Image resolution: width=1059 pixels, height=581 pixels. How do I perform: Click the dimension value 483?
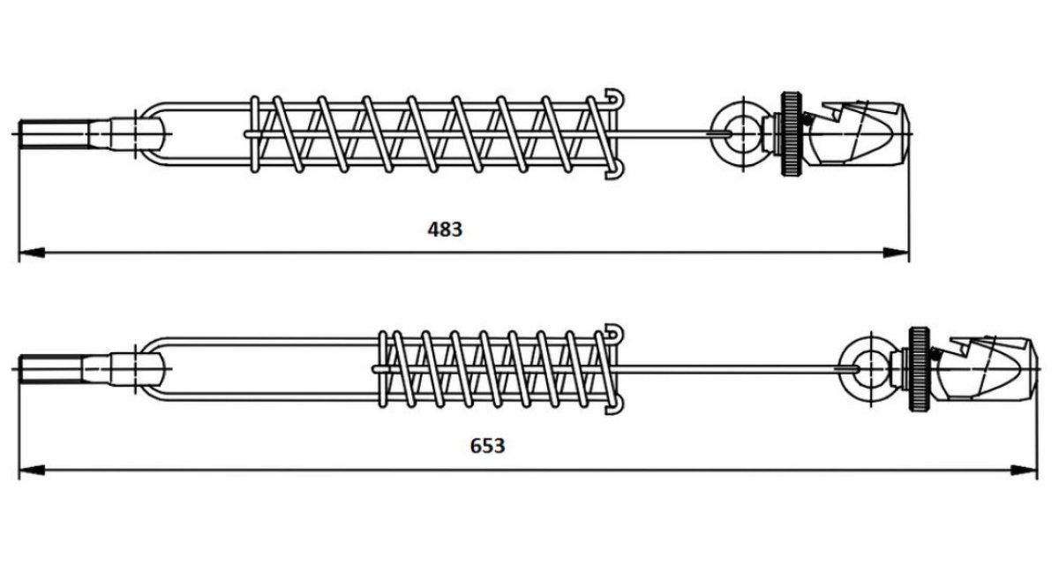(x=445, y=230)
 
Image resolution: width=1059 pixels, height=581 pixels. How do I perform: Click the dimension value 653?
(x=487, y=446)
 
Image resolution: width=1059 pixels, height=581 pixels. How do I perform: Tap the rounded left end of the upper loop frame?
(x=146, y=133)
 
